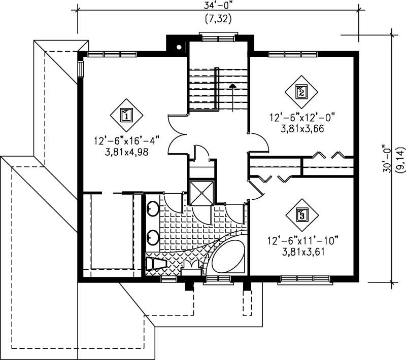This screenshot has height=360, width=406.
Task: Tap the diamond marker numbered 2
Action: (x=301, y=92)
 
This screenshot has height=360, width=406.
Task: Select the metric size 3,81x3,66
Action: (x=302, y=128)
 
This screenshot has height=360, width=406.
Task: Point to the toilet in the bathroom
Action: (x=154, y=264)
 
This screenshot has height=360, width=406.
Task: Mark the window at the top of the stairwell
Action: (x=218, y=36)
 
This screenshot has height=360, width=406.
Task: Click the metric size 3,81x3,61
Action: (x=302, y=250)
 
